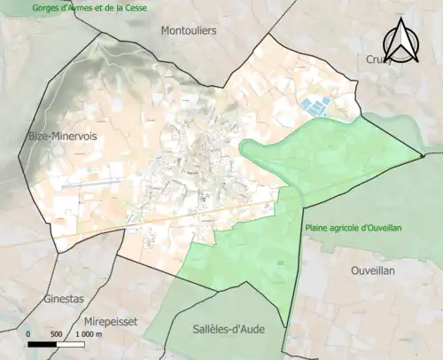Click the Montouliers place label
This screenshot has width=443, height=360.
point(189,30)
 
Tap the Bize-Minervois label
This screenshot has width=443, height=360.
point(62,136)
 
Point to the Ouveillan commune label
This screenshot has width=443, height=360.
point(377,270)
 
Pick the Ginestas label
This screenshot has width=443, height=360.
point(65,300)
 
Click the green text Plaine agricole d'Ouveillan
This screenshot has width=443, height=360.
point(354,228)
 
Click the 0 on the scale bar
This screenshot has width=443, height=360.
point(28,334)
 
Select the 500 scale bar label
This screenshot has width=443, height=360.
point(56,334)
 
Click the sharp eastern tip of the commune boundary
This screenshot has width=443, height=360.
point(421,158)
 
